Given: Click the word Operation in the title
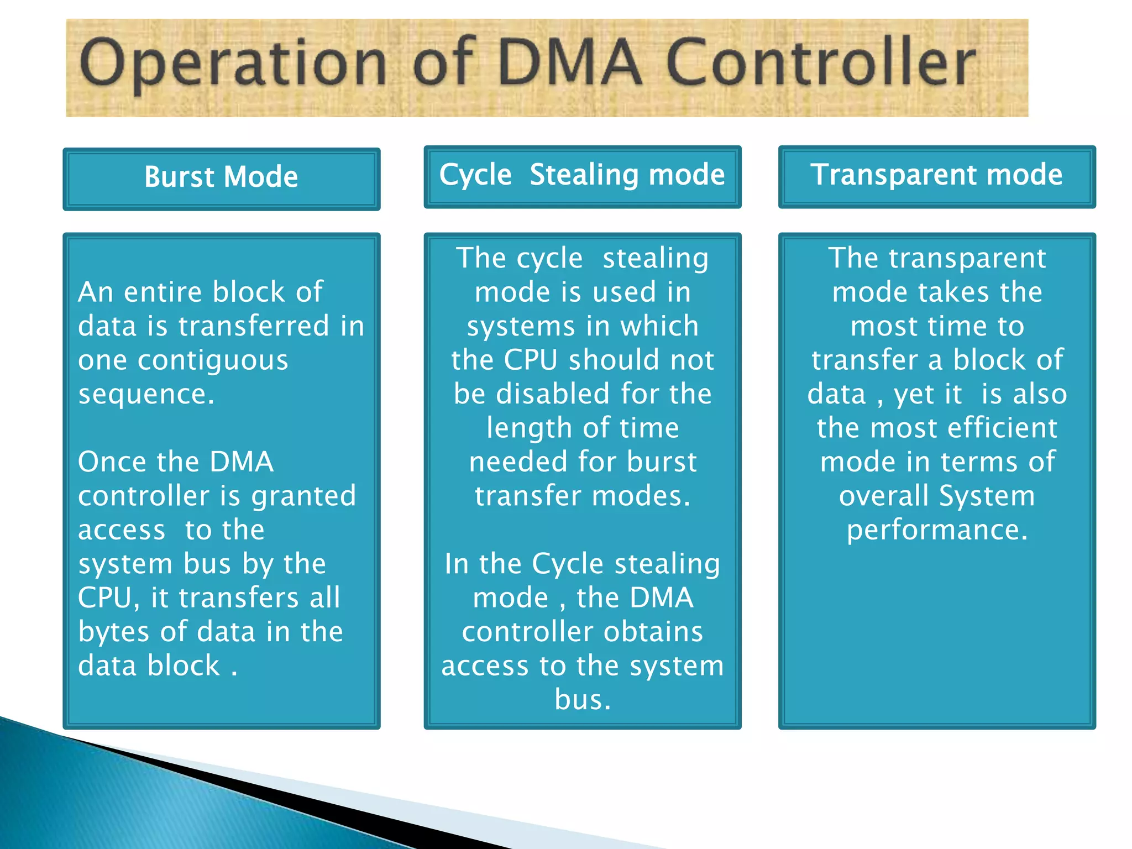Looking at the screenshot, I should [232, 64].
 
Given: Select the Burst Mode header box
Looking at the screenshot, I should [221, 179].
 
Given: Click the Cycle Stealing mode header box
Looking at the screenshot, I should [582, 176].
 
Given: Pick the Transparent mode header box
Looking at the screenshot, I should [936, 176].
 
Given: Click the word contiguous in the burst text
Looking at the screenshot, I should [213, 361].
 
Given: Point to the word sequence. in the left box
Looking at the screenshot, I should [146, 394].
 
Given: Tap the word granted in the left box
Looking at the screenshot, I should [303, 496].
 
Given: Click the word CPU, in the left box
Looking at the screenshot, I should [109, 598].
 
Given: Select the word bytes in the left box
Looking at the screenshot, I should [114, 632].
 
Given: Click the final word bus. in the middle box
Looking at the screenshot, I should [583, 700].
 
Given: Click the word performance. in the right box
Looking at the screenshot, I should [937, 530].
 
